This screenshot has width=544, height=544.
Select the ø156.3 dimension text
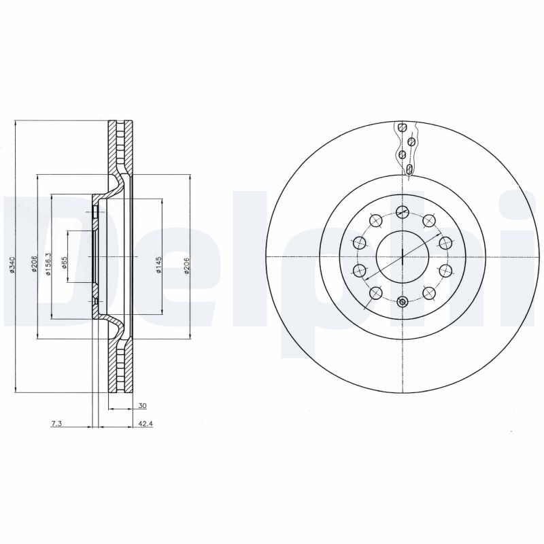point(48,264)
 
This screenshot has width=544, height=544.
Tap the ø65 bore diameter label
point(65,264)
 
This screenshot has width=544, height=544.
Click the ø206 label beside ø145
point(186,265)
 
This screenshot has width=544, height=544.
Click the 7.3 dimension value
point(56,424)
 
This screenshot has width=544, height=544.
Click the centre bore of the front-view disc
point(403,256)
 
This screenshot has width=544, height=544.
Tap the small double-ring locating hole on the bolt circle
point(403,303)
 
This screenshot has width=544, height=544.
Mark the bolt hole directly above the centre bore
point(403,210)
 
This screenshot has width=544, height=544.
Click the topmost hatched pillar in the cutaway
point(403,128)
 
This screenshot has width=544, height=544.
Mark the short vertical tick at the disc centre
point(403,256)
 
